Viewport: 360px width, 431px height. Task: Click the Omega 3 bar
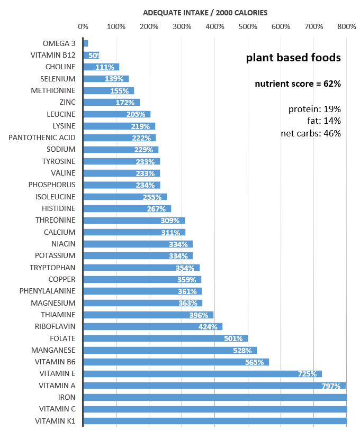[86, 43]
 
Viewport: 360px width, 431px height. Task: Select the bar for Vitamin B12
[91, 55]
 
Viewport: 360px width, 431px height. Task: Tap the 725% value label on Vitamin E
[308, 374]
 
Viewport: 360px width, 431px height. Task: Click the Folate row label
[62, 338]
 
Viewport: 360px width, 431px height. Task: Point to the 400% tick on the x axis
[214, 26]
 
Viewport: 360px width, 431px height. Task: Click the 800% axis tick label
[346, 26]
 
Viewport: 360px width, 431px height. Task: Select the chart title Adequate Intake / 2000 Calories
[206, 12]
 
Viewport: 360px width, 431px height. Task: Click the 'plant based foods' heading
[293, 58]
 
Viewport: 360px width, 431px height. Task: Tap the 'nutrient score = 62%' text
[298, 84]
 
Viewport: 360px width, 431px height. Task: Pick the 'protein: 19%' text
[314, 109]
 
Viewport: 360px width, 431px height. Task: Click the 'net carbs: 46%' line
[310, 133]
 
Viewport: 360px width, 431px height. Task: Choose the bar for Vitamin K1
[215, 421]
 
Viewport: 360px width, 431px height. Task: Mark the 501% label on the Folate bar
[233, 338]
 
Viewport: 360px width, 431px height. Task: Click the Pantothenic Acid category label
[42, 137]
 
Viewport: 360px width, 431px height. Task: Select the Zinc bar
[111, 102]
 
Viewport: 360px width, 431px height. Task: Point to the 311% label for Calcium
[171, 232]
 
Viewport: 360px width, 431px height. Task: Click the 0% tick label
[83, 26]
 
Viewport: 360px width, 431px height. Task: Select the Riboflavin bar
[153, 326]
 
